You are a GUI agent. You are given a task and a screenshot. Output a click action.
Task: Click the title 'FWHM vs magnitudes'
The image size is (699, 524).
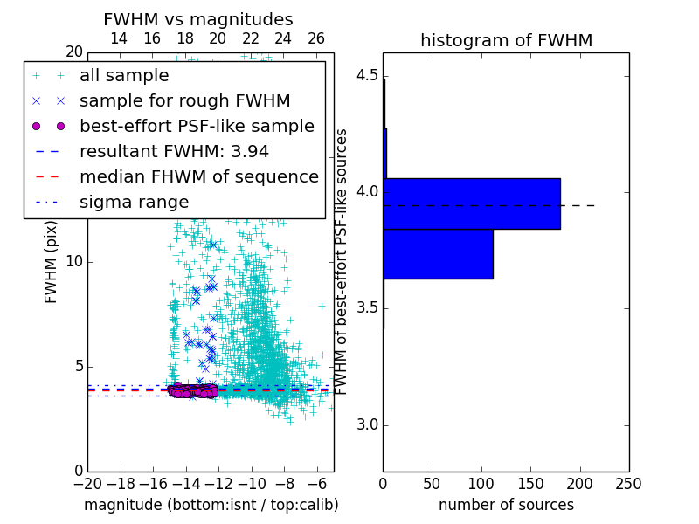point(197,20)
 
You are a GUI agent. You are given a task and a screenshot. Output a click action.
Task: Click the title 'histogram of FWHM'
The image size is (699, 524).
point(506,41)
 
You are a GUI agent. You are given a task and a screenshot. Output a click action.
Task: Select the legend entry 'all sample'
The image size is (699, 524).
point(124,76)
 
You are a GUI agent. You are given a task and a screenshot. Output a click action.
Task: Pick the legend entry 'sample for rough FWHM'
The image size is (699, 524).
point(184,101)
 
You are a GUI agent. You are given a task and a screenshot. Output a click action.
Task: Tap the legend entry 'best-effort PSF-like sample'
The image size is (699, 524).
point(197,126)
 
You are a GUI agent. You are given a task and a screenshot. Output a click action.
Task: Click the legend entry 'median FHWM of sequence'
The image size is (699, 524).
point(198,176)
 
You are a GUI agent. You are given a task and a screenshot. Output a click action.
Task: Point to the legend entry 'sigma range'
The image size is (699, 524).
point(134,202)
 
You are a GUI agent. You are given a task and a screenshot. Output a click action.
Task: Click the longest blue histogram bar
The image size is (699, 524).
point(472,203)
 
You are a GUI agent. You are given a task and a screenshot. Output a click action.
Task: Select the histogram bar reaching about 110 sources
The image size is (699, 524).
point(438,253)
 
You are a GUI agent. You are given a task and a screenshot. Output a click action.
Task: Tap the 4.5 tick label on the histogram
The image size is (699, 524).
point(367,75)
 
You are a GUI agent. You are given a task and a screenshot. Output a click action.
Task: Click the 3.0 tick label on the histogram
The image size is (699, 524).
point(367,425)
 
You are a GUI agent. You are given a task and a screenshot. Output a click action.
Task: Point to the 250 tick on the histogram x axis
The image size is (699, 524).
point(628,483)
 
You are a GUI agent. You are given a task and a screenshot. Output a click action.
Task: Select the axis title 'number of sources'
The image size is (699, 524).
point(506,505)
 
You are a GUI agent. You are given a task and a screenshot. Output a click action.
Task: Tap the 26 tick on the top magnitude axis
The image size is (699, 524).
point(316,38)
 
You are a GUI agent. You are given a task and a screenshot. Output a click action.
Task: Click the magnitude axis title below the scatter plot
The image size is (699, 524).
point(211,505)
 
